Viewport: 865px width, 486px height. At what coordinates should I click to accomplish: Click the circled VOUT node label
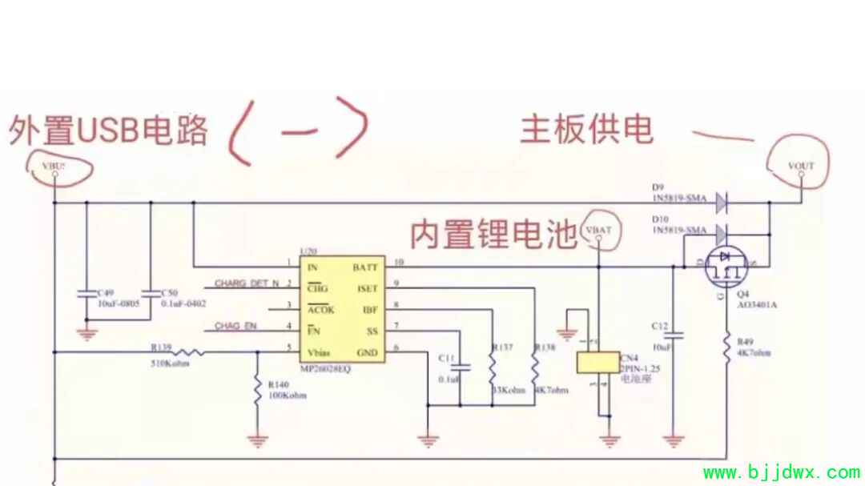tap(801, 166)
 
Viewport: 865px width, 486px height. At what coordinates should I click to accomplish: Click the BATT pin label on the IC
tap(364, 267)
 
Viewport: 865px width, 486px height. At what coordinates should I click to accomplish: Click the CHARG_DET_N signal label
tap(247, 283)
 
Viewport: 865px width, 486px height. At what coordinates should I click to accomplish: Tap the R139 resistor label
tap(162, 347)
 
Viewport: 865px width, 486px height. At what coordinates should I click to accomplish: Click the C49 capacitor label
tap(104, 294)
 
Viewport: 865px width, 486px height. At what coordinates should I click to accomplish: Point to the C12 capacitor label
tap(660, 326)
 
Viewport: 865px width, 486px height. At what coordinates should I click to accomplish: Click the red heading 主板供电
tap(587, 128)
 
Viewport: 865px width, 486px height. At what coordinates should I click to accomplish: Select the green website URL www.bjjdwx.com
tap(780, 472)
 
